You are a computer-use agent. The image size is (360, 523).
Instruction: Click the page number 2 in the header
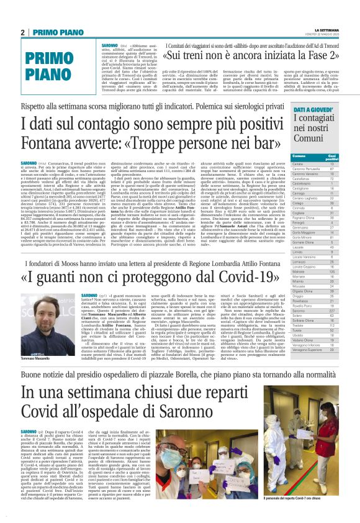(x=22, y=32)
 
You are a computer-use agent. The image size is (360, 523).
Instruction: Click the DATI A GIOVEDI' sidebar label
(x=312, y=109)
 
